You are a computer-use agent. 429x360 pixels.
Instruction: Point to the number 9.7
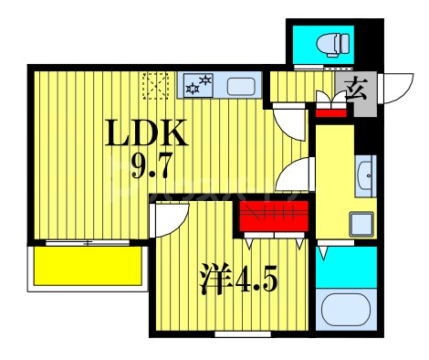(x=137, y=168)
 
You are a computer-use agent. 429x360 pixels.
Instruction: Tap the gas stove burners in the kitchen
(x=198, y=87)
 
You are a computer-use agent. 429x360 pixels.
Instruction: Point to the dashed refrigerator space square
(x=156, y=87)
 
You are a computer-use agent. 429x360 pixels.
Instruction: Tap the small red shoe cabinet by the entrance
(x=331, y=113)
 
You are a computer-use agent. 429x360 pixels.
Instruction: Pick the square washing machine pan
(x=362, y=222)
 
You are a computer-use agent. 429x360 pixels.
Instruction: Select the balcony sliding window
(x=88, y=242)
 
